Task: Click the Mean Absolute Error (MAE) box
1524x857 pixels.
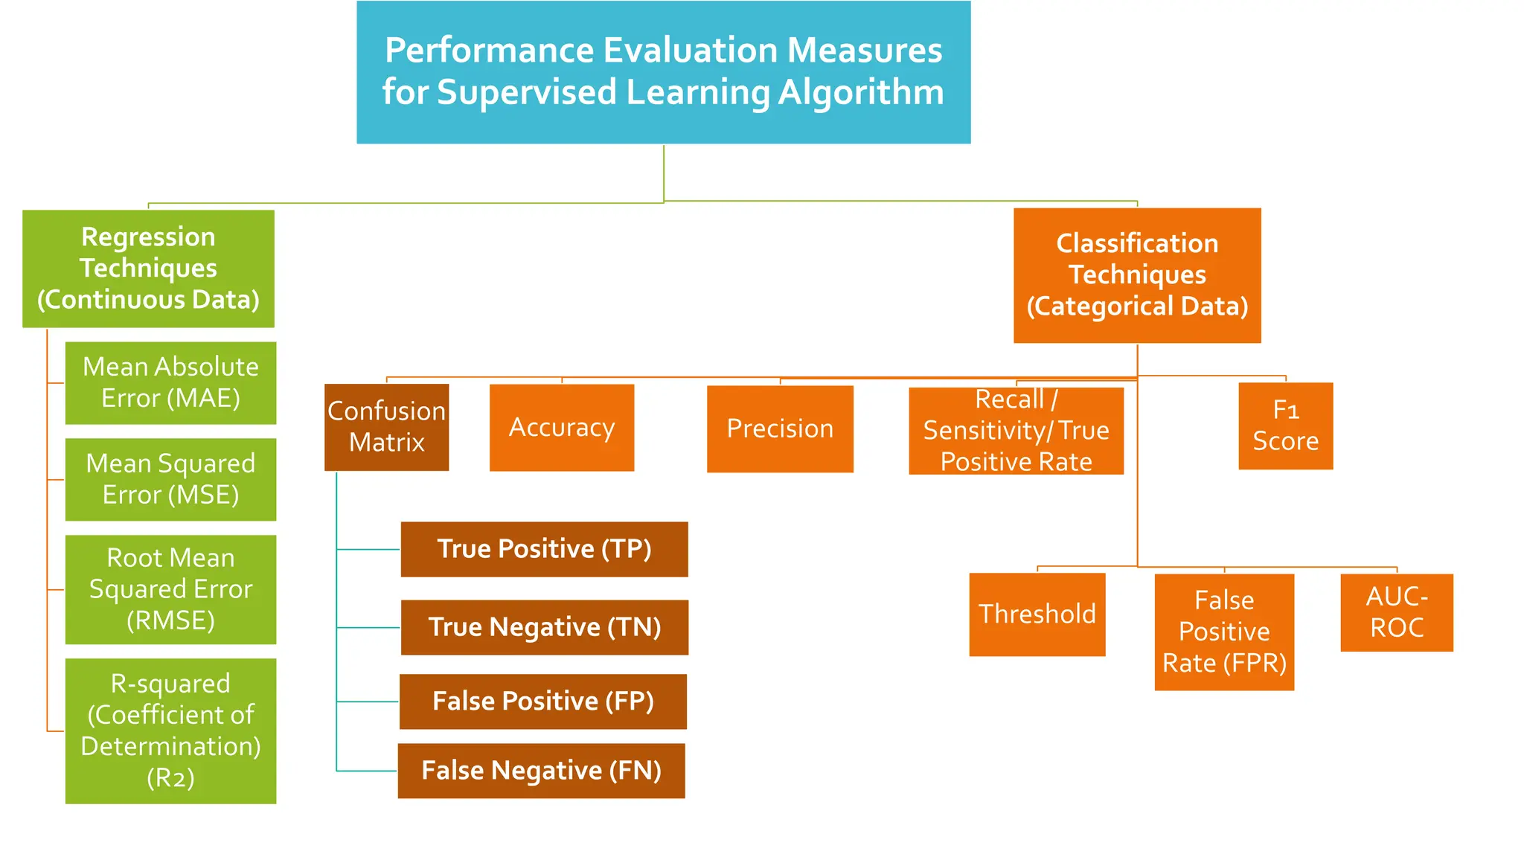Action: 170,382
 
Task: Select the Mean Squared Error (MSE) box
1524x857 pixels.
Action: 170,479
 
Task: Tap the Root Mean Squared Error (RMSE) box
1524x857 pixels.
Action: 170,589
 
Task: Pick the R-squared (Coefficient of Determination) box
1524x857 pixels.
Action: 170,731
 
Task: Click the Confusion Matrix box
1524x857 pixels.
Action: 386,427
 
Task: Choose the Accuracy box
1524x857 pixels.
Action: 562,428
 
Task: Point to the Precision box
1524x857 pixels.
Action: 780,428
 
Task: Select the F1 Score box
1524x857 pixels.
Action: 1285,426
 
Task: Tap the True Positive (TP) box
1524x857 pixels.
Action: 544,549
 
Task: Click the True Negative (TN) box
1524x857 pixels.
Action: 544,627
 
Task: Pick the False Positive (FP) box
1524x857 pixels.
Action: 542,701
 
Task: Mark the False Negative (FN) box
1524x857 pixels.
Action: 541,771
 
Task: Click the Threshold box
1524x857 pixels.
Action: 1037,614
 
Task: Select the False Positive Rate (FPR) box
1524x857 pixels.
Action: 1224,632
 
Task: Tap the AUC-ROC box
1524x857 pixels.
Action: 1397,612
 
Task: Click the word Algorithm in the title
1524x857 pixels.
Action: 861,93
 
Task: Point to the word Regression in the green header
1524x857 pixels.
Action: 148,237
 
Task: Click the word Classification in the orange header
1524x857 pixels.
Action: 1137,243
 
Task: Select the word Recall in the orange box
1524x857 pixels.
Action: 1009,399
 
